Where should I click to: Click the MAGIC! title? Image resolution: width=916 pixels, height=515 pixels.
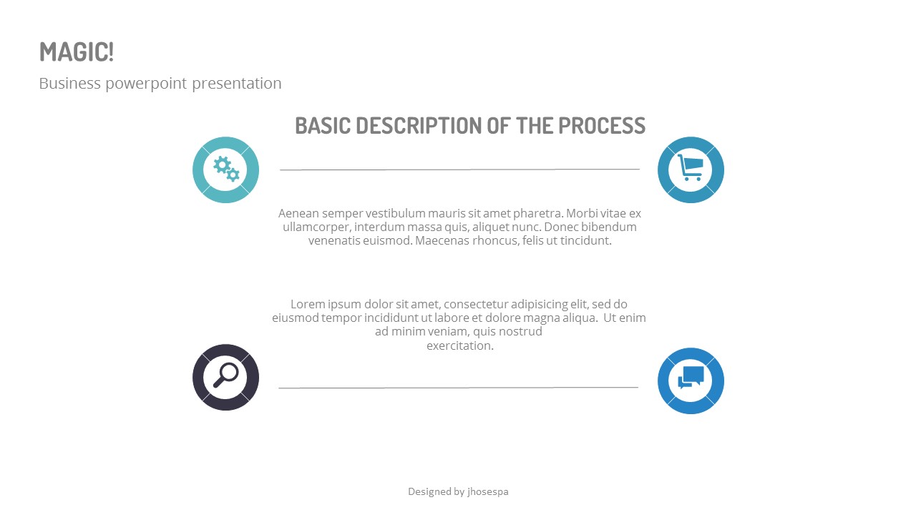[x=77, y=52]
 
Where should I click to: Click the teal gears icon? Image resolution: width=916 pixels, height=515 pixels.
[x=226, y=170]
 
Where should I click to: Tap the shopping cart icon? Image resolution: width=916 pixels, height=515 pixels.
[x=691, y=169]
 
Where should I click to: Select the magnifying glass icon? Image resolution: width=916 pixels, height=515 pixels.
[x=226, y=376]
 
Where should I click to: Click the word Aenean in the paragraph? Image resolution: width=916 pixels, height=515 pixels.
[x=298, y=213]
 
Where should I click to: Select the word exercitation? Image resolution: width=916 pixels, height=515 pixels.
[x=460, y=346]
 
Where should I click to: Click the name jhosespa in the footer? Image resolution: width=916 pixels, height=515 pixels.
[x=487, y=491]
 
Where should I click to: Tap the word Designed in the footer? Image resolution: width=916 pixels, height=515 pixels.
[x=429, y=491]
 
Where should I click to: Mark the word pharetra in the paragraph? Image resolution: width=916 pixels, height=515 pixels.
[x=537, y=213]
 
